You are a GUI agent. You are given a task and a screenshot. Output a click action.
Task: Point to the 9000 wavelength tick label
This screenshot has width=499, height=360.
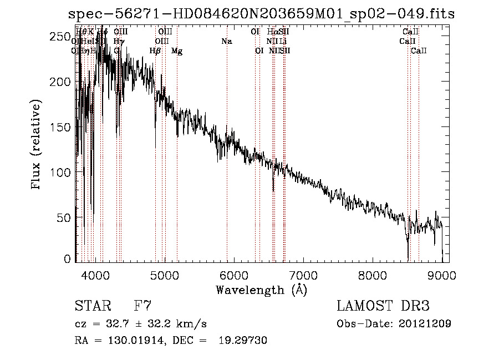(442, 275)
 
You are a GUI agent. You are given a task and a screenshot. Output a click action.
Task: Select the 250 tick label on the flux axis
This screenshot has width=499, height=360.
(62, 37)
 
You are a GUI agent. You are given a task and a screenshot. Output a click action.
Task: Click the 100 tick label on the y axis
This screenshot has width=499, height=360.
(62, 173)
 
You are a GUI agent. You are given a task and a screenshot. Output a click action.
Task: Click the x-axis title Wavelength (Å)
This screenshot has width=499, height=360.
(261, 290)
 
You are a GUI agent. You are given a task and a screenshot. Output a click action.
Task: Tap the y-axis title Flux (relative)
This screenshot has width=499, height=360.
(37, 145)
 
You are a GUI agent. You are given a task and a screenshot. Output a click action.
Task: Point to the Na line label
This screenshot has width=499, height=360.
(226, 42)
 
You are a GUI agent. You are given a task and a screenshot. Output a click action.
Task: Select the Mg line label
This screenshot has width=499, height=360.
(177, 51)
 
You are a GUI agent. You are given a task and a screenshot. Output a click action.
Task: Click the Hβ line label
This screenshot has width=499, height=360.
(155, 51)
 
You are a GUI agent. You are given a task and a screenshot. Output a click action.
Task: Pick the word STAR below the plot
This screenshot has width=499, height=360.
(93, 306)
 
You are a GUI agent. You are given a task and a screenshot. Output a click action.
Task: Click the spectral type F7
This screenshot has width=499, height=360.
(142, 306)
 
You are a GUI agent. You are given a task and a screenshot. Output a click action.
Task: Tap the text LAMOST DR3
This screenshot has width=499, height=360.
(383, 306)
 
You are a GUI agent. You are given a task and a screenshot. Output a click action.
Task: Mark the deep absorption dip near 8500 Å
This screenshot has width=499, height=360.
(408, 244)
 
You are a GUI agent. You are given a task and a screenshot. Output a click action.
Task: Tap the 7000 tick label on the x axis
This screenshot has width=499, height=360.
(303, 275)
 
